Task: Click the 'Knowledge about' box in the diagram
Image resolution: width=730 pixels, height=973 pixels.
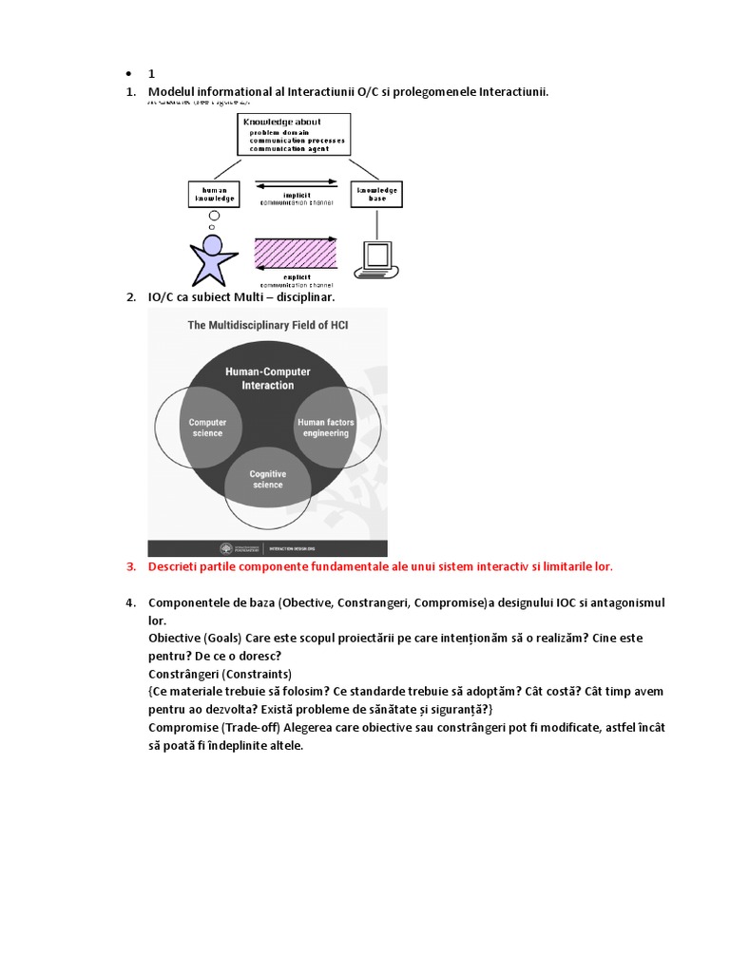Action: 293,135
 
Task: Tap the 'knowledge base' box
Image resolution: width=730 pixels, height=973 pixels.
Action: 377,194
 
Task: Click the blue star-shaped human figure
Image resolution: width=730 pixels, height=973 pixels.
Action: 213,259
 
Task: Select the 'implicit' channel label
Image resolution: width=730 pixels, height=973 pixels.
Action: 297,195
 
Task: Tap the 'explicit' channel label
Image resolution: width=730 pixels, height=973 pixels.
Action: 297,277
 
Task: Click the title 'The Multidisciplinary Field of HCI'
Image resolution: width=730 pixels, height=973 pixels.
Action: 268,325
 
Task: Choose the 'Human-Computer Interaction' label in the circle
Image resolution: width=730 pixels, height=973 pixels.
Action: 267,378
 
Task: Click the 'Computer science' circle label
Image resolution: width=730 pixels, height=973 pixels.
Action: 207,428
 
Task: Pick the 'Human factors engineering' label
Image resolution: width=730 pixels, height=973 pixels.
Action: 326,428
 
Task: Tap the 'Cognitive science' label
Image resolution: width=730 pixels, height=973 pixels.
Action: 267,479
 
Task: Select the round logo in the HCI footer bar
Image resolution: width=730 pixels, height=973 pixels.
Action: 225,548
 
